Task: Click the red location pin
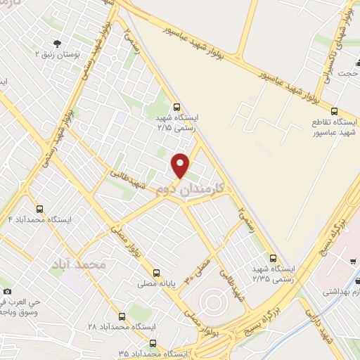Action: [181, 165]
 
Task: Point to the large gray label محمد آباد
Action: [78, 264]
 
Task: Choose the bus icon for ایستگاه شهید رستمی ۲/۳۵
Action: [273, 258]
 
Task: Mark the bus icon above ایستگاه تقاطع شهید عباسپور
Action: [334, 111]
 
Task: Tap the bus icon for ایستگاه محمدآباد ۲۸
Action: [122, 316]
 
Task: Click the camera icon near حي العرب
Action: [7, 290]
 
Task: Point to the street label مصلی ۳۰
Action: [198, 269]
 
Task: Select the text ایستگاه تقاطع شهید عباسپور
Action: [335, 127]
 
